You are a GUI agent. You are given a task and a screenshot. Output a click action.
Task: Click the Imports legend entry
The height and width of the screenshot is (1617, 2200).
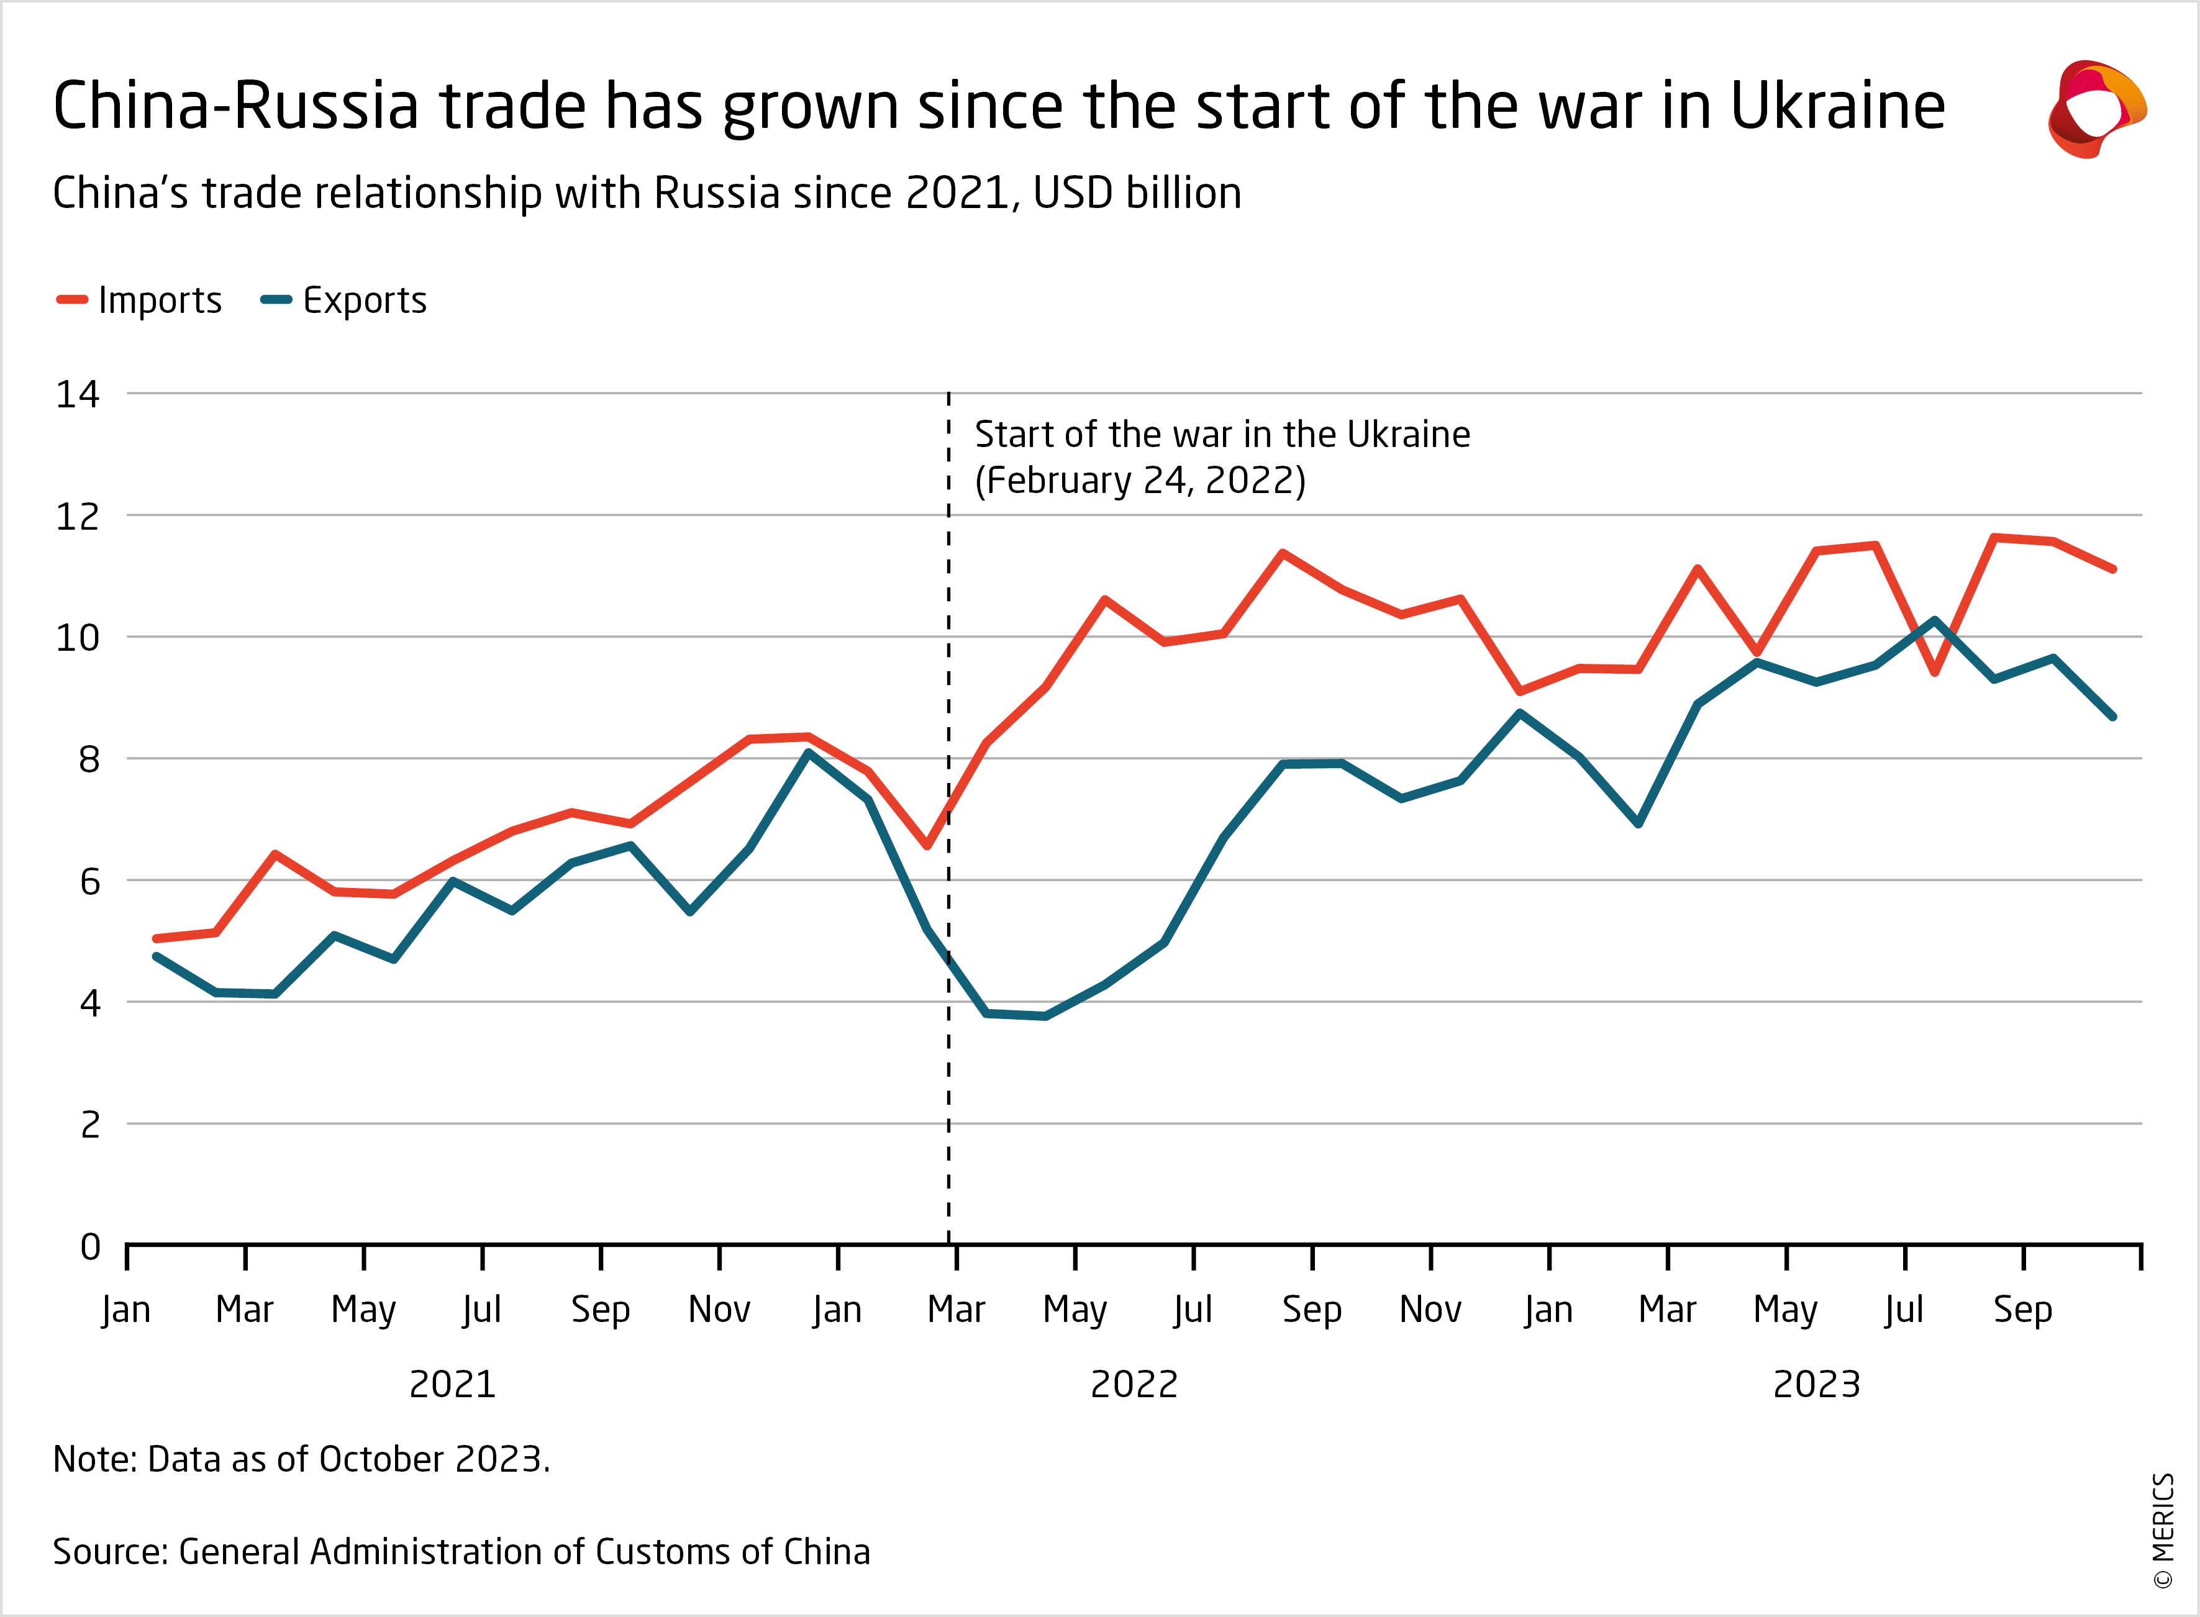click(x=140, y=301)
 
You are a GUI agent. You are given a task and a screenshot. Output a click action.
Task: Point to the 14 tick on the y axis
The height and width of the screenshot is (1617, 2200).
click(x=78, y=394)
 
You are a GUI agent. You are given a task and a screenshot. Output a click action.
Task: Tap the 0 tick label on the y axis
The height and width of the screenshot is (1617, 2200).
click(x=90, y=1247)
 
